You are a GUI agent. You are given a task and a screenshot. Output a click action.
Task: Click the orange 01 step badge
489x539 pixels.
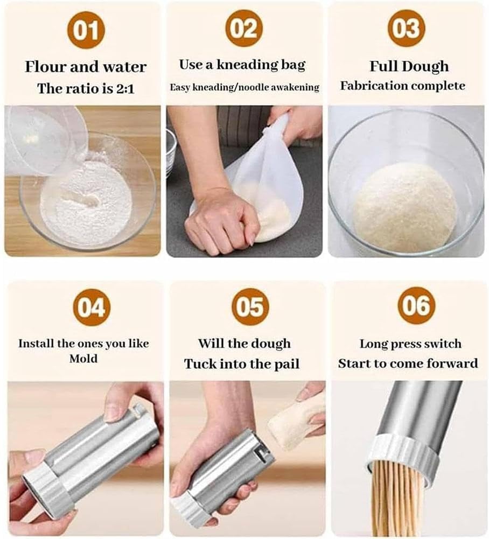(x=85, y=30)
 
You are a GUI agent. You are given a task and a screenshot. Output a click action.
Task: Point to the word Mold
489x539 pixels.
(x=83, y=358)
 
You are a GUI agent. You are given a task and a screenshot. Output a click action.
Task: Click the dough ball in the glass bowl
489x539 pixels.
(x=404, y=207)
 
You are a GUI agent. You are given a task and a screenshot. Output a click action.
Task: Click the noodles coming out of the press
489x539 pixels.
(x=399, y=500)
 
